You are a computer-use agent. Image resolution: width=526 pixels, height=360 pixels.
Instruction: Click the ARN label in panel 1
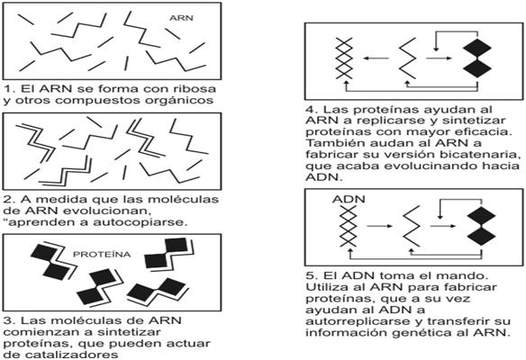pyautogui.click(x=181, y=18)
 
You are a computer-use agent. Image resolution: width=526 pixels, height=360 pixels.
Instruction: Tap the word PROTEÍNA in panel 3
pyautogui.click(x=102, y=255)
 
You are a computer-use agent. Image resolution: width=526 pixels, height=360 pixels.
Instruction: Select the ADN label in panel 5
pyautogui.click(x=349, y=199)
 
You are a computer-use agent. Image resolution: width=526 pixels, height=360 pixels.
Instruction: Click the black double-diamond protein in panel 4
pyautogui.click(x=477, y=58)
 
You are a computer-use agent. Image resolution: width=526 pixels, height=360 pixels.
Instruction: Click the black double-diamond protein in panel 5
pyautogui.click(x=481, y=226)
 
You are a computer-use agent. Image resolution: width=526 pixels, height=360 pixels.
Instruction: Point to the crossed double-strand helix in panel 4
pyautogui.click(x=345, y=58)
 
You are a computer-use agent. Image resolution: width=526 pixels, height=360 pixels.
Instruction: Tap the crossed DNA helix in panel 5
pyautogui.click(x=348, y=226)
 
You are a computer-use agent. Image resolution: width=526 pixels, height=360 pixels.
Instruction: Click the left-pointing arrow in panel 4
pyautogui.click(x=376, y=58)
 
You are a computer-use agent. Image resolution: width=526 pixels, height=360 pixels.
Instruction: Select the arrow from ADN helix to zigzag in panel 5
pyautogui.click(x=380, y=226)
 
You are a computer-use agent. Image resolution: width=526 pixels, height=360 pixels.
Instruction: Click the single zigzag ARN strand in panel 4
pyautogui.click(x=407, y=58)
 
